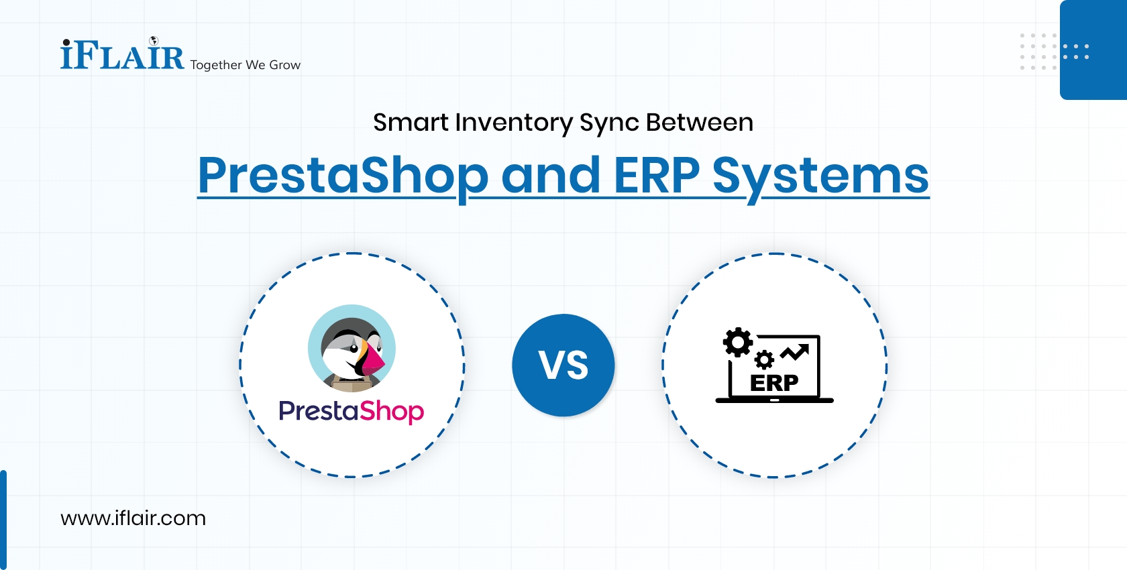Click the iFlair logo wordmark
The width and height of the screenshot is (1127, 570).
tap(122, 56)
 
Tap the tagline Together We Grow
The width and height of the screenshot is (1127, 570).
tap(245, 65)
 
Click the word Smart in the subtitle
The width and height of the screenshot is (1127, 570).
tap(411, 123)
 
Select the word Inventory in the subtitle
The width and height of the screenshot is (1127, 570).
tap(513, 123)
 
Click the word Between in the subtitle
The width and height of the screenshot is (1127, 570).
tap(699, 123)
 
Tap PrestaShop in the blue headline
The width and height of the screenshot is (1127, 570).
tap(343, 176)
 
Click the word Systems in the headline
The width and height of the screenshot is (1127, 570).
tap(820, 176)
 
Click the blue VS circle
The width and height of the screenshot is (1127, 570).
tap(563, 365)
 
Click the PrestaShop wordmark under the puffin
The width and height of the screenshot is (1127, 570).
tap(351, 410)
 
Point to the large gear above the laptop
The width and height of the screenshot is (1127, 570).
tap(738, 342)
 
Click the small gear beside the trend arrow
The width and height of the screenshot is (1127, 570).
tap(764, 360)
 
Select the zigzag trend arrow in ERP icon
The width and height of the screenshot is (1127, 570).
tap(795, 352)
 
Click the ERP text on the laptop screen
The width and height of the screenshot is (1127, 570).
tap(774, 383)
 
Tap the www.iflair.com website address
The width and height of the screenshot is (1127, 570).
tap(133, 518)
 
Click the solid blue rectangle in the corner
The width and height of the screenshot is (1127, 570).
tap(1093, 50)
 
